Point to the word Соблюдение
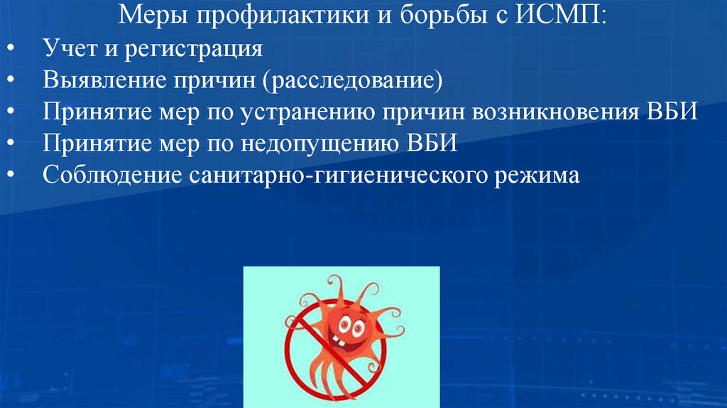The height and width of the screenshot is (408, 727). [111, 176]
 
